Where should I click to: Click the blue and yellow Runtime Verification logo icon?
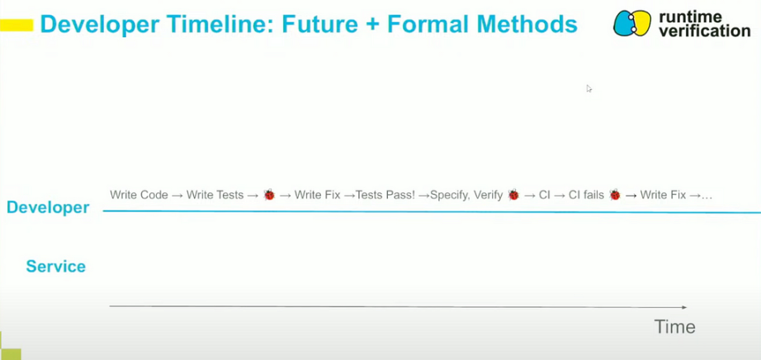click(631, 23)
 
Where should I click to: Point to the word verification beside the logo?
click(705, 31)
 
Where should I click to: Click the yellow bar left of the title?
click(17, 25)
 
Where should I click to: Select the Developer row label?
click(48, 207)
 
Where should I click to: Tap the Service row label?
click(56, 266)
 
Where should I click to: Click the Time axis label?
click(674, 326)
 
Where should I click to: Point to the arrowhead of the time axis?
click(684, 307)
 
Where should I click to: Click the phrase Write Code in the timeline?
click(139, 196)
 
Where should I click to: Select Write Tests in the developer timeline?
click(215, 196)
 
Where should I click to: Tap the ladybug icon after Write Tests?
click(269, 196)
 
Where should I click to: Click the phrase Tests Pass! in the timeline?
click(385, 196)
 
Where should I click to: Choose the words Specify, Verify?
click(466, 196)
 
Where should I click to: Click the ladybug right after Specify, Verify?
click(513, 196)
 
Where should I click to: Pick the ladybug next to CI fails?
click(615, 196)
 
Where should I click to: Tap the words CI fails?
click(586, 196)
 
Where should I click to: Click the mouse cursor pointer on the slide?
click(588, 88)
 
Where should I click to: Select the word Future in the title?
click(318, 25)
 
